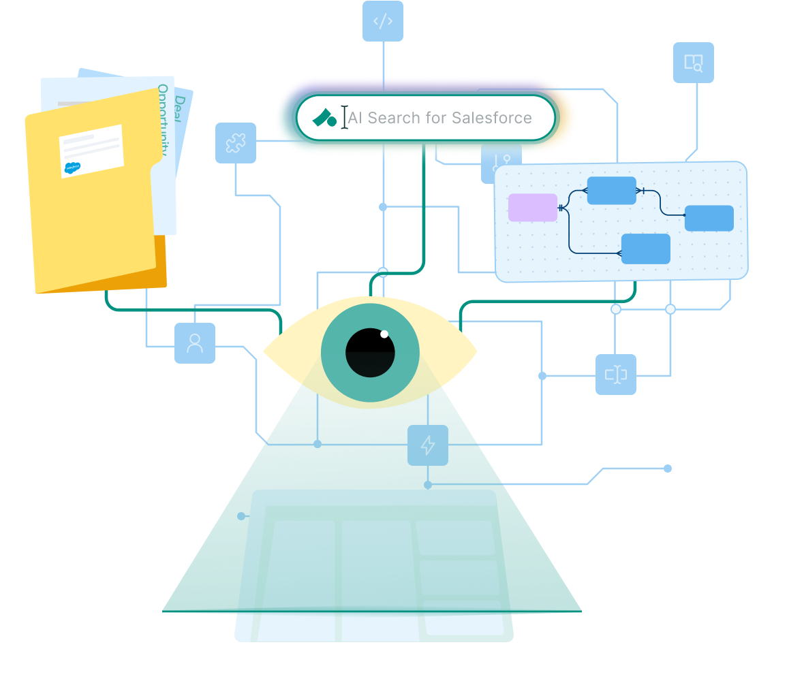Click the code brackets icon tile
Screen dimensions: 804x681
pyautogui.click(x=383, y=21)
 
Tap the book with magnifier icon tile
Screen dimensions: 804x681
pyautogui.click(x=694, y=63)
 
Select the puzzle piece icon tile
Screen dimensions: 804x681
pyautogui.click(x=236, y=143)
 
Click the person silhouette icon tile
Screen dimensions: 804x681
pyautogui.click(x=195, y=343)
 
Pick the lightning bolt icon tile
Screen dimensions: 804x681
pyautogui.click(x=428, y=445)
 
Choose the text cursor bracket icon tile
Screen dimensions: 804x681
pyautogui.click(x=616, y=375)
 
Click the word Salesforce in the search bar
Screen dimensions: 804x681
pyautogui.click(x=492, y=118)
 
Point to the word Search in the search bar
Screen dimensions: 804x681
pyautogui.click(x=394, y=118)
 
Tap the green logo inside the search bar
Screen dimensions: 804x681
pyautogui.click(x=324, y=118)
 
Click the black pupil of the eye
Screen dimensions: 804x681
pyautogui.click(x=370, y=353)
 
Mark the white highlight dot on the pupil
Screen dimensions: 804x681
pyautogui.click(x=384, y=334)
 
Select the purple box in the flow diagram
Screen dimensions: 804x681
pyautogui.click(x=533, y=208)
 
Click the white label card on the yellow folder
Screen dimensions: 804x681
pyautogui.click(x=91, y=151)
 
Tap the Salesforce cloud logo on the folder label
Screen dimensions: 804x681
pyautogui.click(x=72, y=168)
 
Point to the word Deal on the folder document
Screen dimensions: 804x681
pyautogui.click(x=180, y=106)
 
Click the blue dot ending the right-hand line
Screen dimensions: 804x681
pyautogui.click(x=668, y=468)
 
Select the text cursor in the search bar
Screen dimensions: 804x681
pyautogui.click(x=345, y=117)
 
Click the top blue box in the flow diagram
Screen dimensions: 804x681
pyautogui.click(x=611, y=191)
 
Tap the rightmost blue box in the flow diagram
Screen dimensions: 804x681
pyautogui.click(x=709, y=218)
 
